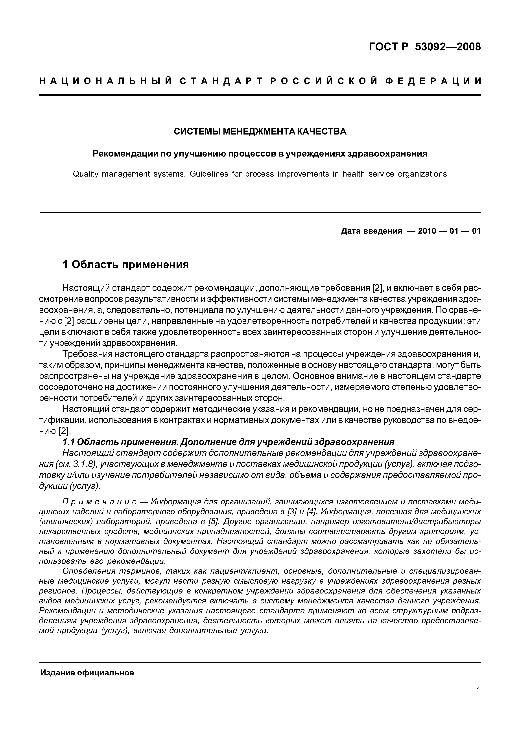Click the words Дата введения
371,231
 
